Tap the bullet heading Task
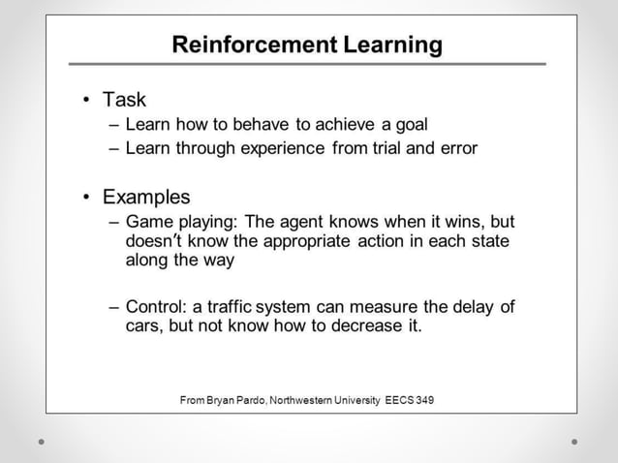tap(124, 100)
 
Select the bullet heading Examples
tap(146, 198)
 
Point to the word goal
tap(407, 125)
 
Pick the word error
tap(455, 148)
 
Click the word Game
tap(148, 222)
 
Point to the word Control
tap(155, 307)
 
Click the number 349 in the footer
tap(424, 400)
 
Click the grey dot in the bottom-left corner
tap(42, 442)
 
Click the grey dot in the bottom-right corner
tap(574, 442)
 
